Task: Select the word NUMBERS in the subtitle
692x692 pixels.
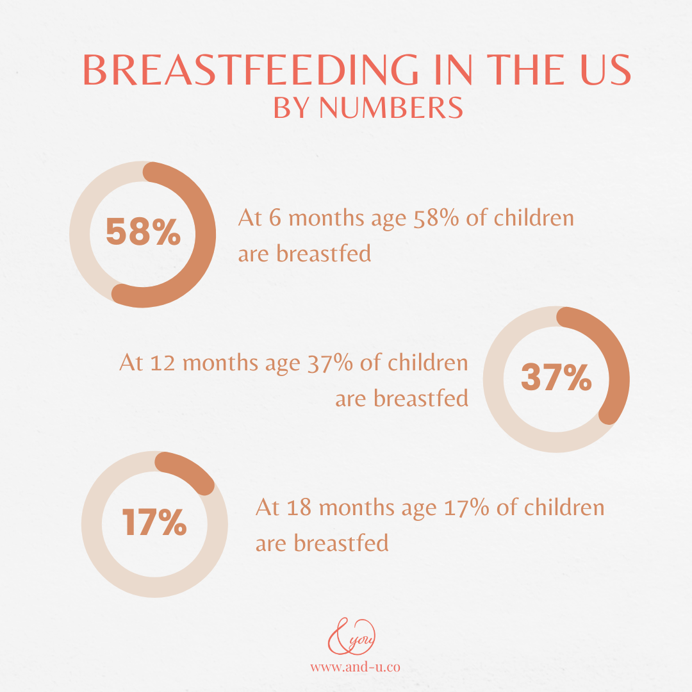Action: point(391,108)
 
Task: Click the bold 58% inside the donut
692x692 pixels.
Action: point(144,232)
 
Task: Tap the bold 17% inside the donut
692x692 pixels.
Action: point(154,522)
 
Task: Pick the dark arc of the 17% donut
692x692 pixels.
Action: point(189,471)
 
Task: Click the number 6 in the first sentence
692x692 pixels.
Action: point(274,218)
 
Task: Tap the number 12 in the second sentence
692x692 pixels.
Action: point(163,363)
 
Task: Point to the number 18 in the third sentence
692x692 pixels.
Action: point(299,508)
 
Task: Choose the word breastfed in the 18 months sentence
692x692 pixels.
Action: point(341,543)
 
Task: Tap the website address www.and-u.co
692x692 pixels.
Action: point(355,667)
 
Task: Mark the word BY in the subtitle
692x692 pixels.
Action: point(292,108)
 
